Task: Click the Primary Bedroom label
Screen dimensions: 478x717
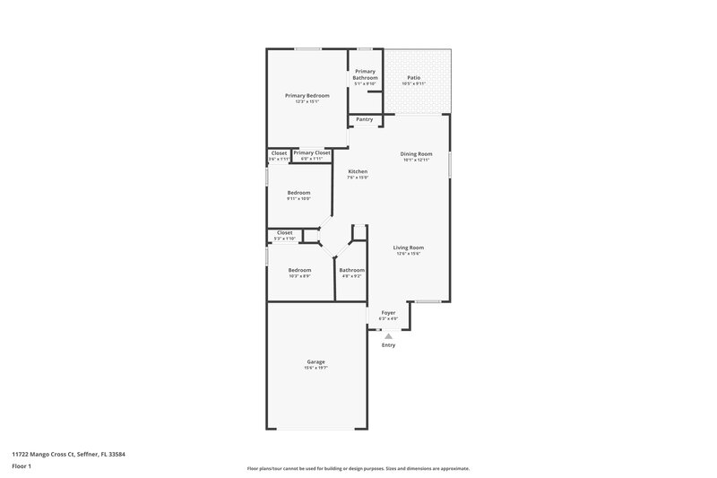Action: pyautogui.click(x=307, y=96)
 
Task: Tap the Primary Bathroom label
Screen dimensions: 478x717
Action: pyautogui.click(x=365, y=74)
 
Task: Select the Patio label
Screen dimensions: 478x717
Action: pyautogui.click(x=413, y=78)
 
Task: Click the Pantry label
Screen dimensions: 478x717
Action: pyautogui.click(x=365, y=119)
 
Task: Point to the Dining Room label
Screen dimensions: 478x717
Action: pyautogui.click(x=416, y=153)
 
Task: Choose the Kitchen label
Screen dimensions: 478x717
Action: pyautogui.click(x=358, y=171)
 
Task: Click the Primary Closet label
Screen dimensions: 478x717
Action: pyautogui.click(x=312, y=153)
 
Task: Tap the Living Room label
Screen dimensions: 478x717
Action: pyautogui.click(x=409, y=248)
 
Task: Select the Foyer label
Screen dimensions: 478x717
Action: pyautogui.click(x=388, y=313)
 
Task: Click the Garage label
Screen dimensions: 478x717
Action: pyautogui.click(x=315, y=361)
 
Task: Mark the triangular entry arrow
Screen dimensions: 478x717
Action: pyautogui.click(x=388, y=336)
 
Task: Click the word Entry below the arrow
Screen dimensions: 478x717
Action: pyautogui.click(x=388, y=345)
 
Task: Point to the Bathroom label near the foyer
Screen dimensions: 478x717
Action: pyautogui.click(x=351, y=270)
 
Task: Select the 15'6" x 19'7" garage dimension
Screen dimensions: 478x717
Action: pyautogui.click(x=315, y=368)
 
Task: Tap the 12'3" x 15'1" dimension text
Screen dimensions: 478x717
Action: pyautogui.click(x=307, y=102)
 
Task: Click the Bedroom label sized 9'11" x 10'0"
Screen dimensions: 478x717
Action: pyautogui.click(x=298, y=193)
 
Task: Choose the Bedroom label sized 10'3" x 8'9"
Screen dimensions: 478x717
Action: pyautogui.click(x=299, y=270)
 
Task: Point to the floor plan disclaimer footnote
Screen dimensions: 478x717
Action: pyautogui.click(x=358, y=468)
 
